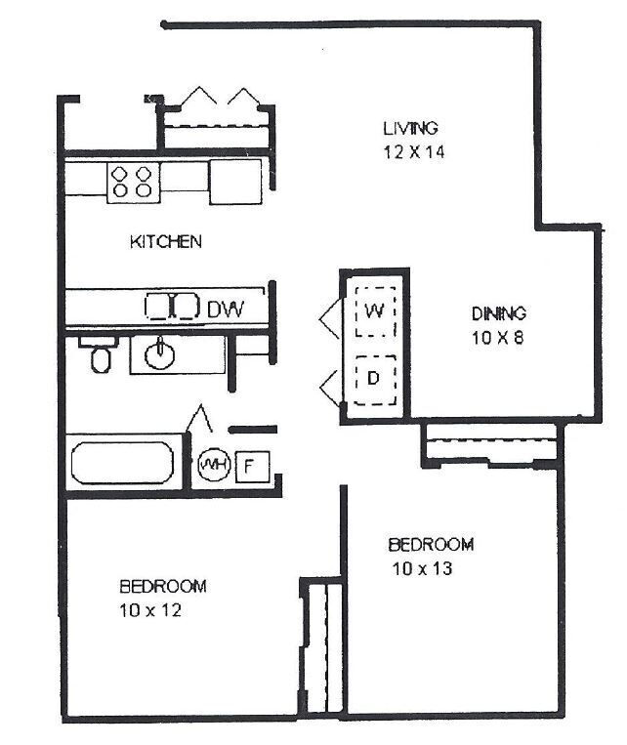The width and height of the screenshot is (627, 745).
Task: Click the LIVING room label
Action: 410,128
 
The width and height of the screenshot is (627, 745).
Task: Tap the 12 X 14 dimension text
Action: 410,152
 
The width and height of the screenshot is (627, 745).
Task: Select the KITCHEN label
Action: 165,241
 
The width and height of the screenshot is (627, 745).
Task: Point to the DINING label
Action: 499,313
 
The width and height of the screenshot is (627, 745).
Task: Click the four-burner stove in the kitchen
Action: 134,181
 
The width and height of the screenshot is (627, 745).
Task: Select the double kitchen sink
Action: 172,307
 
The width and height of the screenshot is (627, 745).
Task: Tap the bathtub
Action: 123,463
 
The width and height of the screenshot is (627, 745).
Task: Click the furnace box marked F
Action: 249,466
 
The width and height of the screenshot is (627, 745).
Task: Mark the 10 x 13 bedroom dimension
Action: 422,568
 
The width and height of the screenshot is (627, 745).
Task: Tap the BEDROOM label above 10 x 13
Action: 431,544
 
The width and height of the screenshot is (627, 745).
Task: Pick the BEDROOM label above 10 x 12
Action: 163,586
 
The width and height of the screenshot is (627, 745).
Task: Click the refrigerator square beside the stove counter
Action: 234,181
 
